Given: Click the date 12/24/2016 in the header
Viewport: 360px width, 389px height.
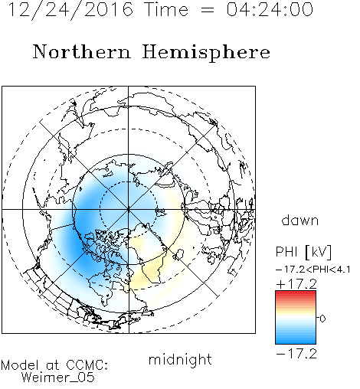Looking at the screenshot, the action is tap(70, 10).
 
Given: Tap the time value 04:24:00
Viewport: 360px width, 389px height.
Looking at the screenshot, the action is tap(270, 9).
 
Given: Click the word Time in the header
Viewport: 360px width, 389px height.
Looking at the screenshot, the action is tap(166, 9).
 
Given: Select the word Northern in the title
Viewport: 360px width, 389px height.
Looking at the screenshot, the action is tap(82, 51).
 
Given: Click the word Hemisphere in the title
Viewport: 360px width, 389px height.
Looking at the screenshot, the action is tap(206, 53).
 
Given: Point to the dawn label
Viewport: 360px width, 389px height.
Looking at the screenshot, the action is tap(300, 221).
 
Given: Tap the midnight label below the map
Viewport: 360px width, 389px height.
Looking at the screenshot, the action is tap(180, 359).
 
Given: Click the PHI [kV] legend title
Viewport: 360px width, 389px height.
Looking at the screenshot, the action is tap(303, 252).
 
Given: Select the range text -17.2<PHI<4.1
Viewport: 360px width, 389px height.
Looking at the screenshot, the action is tap(313, 270).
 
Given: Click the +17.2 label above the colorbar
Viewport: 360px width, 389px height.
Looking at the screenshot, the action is tap(296, 284).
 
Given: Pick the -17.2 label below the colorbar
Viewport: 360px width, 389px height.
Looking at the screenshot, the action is tap(296, 354).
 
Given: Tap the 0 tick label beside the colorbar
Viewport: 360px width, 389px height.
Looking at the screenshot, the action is tap(322, 319).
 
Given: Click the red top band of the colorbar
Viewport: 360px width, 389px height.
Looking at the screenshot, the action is tap(296, 294).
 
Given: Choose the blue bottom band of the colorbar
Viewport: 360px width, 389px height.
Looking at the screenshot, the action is tap(296, 340).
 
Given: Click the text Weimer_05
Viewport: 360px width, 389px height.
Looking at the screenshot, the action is tap(58, 378).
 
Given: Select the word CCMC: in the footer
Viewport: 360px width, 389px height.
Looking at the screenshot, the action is tap(87, 365).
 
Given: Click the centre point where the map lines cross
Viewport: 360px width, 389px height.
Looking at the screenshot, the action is tap(129, 210).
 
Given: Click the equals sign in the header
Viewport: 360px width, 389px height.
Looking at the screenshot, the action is tap(208, 10).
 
